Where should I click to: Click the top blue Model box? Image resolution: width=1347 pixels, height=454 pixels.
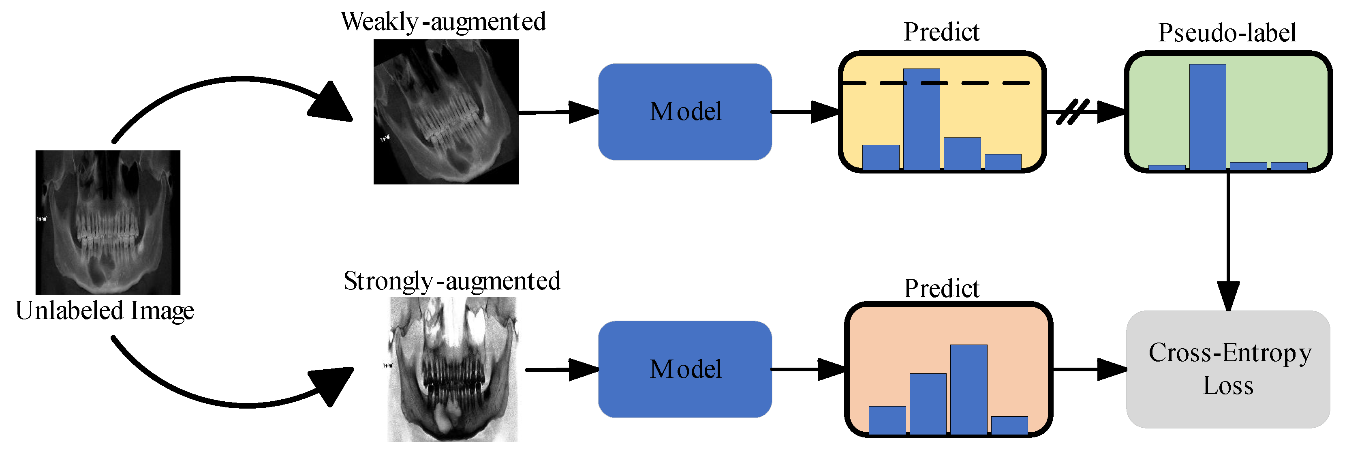pyautogui.click(x=684, y=111)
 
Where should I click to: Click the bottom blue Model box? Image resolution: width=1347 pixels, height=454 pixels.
pyautogui.click(x=684, y=369)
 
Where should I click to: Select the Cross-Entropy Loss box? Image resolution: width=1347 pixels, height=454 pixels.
pyautogui.click(x=1227, y=369)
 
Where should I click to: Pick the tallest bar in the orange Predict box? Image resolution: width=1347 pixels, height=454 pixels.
pyautogui.click(x=969, y=389)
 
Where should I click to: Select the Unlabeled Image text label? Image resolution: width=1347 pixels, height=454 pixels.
pyautogui.click(x=105, y=310)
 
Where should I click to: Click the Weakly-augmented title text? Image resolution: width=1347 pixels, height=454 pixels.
pyautogui.click(x=443, y=22)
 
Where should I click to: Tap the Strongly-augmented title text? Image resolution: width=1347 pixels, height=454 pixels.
pyautogui.click(x=452, y=281)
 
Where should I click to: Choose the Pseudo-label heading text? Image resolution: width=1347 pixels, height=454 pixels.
pyautogui.click(x=1227, y=33)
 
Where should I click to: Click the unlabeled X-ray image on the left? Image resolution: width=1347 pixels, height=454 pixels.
pyautogui.click(x=108, y=222)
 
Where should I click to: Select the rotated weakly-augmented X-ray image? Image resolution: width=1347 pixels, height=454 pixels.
pyautogui.click(x=446, y=111)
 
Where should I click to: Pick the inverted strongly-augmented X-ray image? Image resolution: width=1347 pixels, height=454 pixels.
pyautogui.click(x=453, y=369)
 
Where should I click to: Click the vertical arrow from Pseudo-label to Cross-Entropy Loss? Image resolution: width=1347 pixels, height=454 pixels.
pyautogui.click(x=1228, y=236)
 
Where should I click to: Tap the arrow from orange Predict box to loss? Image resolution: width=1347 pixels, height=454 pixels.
pyautogui.click(x=1088, y=369)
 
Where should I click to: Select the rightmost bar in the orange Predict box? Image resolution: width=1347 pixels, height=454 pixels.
pyautogui.click(x=1009, y=425)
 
